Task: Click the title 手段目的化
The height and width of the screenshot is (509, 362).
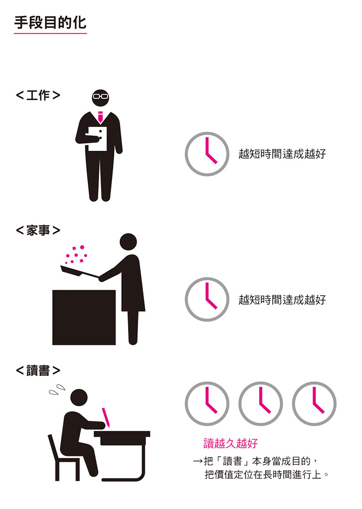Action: (x=50, y=22)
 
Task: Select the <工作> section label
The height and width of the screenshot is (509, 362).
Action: (x=38, y=95)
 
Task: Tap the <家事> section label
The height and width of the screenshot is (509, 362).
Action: (x=38, y=230)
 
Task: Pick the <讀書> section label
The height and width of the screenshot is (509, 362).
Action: (x=38, y=371)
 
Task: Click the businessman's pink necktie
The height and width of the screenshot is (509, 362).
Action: (x=100, y=117)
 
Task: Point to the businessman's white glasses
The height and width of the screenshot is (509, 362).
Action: (x=100, y=96)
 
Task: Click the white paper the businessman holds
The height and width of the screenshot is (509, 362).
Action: (x=98, y=138)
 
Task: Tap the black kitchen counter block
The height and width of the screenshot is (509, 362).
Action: (x=84, y=317)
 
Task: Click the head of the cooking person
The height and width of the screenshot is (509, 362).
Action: (x=128, y=242)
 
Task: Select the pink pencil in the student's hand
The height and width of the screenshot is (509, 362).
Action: (x=106, y=417)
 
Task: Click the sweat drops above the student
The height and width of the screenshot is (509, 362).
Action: (x=57, y=389)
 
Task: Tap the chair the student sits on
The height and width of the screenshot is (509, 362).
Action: (x=64, y=458)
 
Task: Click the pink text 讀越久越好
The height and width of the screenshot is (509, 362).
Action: (x=230, y=443)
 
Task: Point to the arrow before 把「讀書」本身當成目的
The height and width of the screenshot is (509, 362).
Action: (x=198, y=461)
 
